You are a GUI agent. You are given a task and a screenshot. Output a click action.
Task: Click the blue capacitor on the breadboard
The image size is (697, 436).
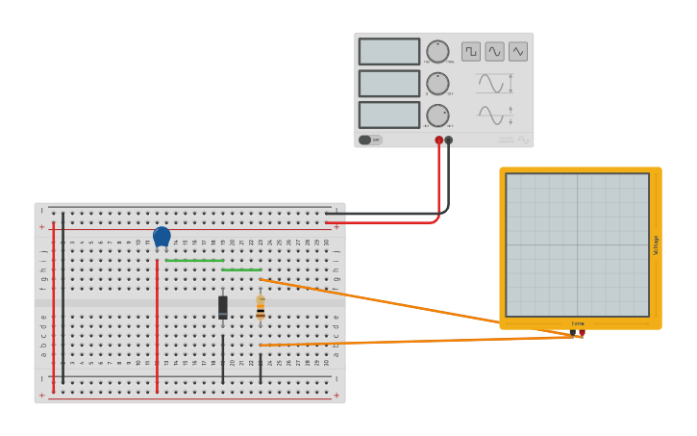pos(162,236)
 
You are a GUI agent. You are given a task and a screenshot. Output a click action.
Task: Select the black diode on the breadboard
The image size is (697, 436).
pos(223,307)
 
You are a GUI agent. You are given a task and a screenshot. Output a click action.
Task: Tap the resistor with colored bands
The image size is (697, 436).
pos(260,308)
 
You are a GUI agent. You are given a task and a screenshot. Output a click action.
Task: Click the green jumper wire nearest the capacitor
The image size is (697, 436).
pos(194,260)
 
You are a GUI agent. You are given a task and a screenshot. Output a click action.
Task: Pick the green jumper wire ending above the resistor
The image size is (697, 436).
pos(241,269)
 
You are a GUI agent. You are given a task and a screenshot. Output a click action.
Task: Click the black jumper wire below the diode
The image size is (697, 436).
pos(223,358)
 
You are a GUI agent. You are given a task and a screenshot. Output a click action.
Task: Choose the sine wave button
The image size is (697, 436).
pos(494,51)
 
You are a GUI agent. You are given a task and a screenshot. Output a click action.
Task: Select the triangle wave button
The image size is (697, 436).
pos(518,51)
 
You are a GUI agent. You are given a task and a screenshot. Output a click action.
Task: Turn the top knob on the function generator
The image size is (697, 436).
pos(437,52)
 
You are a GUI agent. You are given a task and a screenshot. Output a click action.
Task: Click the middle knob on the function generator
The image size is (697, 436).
pos(437,84)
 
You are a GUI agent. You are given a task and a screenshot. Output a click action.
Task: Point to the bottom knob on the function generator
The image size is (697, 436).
pos(437,115)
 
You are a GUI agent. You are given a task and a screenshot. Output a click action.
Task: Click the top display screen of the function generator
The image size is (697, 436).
pos(389,52)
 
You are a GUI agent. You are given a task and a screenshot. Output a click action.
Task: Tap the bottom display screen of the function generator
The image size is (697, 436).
pos(389,115)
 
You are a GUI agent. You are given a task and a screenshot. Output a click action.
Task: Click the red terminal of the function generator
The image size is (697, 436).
pos(439,141)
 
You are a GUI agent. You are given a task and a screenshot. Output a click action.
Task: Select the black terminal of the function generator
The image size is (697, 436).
pos(449,141)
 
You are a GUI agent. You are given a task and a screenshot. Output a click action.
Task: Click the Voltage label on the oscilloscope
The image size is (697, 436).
pos(656,244)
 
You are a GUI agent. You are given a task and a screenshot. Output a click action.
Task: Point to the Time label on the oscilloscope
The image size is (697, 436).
pos(578,323)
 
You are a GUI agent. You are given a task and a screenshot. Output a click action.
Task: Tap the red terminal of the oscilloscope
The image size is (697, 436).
pos(582,333)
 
